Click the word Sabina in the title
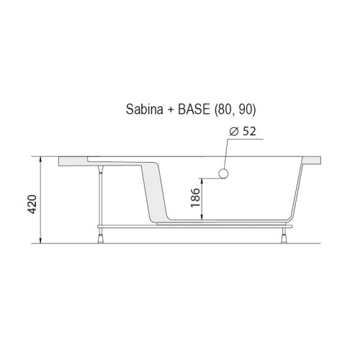pyautogui.click(x=145, y=109)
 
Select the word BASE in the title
pyautogui.click(x=194, y=109)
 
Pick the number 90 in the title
pyautogui.click(x=245, y=109)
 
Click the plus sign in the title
pyautogui.click(x=170, y=110)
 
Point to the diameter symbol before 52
pyautogui.click(x=234, y=132)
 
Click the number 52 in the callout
pyautogui.click(x=249, y=131)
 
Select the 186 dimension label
pyautogui.click(x=195, y=198)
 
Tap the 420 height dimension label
pyautogui.click(x=32, y=204)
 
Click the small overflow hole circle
pyautogui.click(x=223, y=174)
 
